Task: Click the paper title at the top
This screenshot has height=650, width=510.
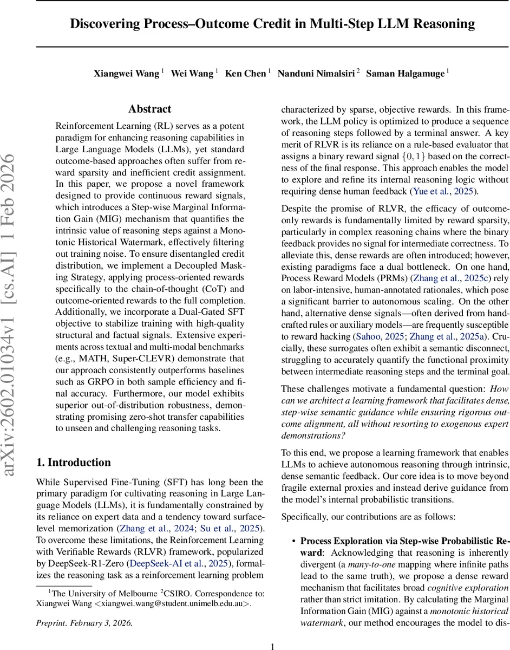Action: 272,24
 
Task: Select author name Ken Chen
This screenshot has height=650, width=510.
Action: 245,74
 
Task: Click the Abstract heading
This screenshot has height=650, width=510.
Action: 150,109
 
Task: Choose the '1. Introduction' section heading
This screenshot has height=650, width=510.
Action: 73,462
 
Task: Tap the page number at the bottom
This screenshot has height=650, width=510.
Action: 272,631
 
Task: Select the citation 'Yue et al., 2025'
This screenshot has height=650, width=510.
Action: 443,191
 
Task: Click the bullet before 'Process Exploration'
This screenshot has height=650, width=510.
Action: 293,541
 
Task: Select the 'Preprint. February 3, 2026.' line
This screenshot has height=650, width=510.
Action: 84,623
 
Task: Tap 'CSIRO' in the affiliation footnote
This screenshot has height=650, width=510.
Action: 163,594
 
